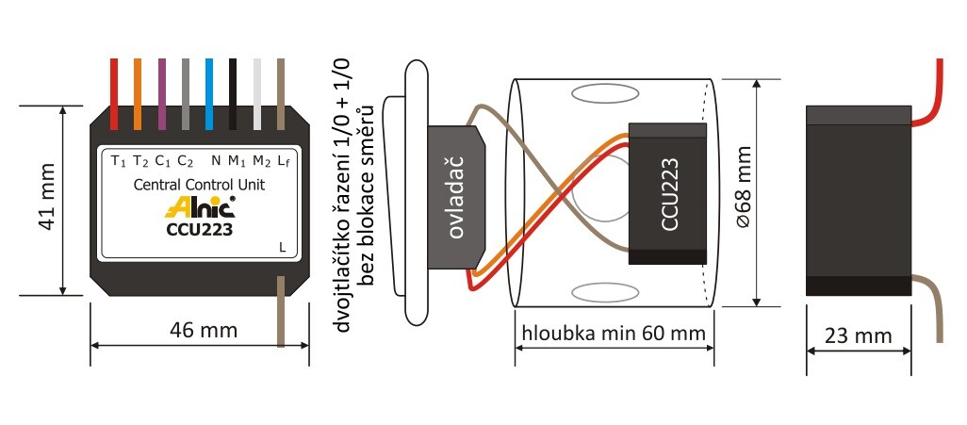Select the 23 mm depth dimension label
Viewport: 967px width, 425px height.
click(x=859, y=335)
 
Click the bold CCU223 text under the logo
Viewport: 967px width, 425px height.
click(x=199, y=228)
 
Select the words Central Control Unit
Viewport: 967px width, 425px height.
click(x=201, y=185)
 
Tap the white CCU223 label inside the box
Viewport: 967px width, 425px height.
click(x=669, y=194)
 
